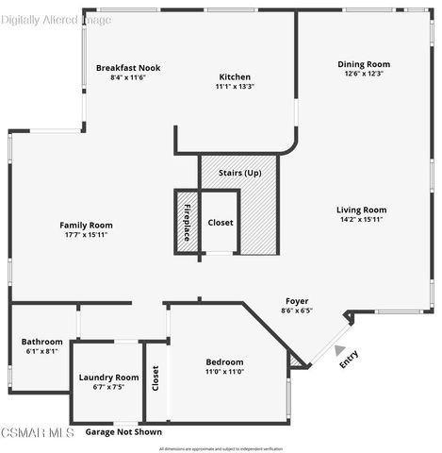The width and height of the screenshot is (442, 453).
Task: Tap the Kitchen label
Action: (235, 76)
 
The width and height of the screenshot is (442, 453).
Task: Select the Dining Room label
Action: (364, 64)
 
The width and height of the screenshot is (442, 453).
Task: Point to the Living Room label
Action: (362, 210)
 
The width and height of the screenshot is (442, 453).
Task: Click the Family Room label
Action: (86, 225)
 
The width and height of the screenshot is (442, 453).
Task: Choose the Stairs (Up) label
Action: (239, 174)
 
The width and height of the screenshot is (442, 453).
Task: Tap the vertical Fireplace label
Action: (187, 222)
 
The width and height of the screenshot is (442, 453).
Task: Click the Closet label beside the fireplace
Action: (221, 222)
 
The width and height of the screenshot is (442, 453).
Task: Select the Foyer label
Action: (297, 300)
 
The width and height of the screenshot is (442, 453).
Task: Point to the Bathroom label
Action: (41, 342)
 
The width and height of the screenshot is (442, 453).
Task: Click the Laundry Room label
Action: (108, 377)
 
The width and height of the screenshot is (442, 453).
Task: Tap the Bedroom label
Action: (224, 361)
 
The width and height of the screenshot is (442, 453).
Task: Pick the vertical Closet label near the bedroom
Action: (156, 377)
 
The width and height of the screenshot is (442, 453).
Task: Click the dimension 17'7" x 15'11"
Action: (86, 235)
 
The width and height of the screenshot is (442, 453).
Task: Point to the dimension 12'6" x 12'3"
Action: (364, 74)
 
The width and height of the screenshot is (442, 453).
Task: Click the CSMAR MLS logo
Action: (38, 433)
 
